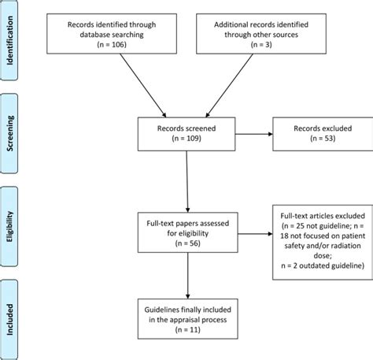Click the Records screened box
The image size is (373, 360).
click(186, 134)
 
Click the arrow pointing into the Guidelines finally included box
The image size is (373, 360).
click(186, 276)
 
